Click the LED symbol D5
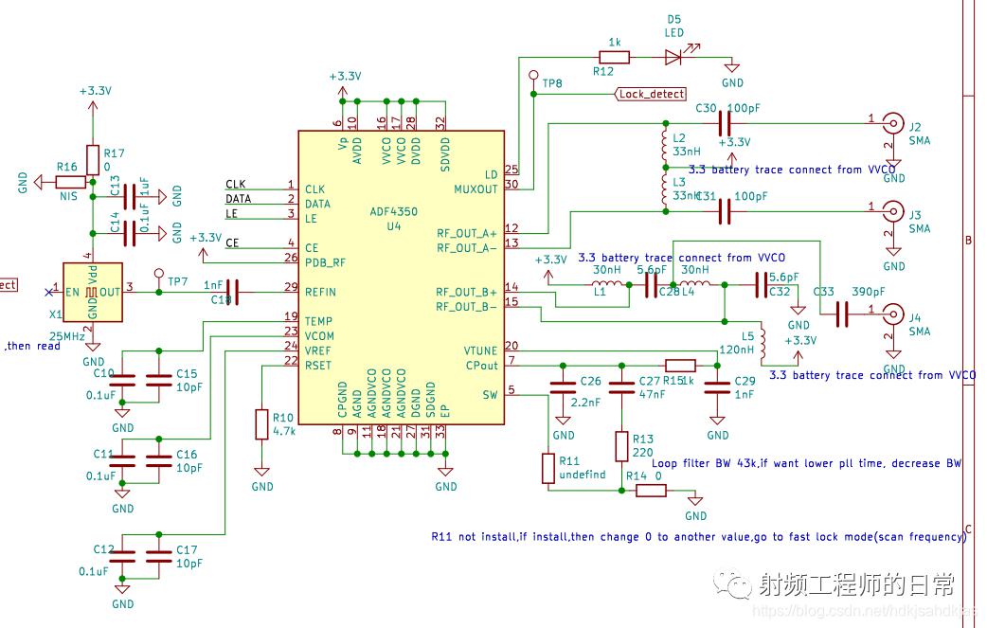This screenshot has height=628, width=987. (x=674, y=57)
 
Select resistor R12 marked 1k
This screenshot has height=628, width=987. (x=615, y=57)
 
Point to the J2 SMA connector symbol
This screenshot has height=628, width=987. (x=892, y=122)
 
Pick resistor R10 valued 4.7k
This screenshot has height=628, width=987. (x=262, y=424)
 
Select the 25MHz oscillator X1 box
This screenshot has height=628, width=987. (x=93, y=291)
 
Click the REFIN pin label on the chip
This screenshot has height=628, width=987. (x=321, y=292)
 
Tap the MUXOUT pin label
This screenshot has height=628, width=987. (x=476, y=188)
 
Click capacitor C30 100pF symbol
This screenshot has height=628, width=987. (x=725, y=122)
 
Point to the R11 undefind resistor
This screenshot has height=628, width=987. (x=548, y=468)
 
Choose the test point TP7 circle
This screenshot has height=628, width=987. (x=158, y=272)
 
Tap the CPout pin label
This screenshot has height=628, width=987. (x=481, y=366)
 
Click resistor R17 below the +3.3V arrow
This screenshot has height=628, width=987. (x=92, y=160)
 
